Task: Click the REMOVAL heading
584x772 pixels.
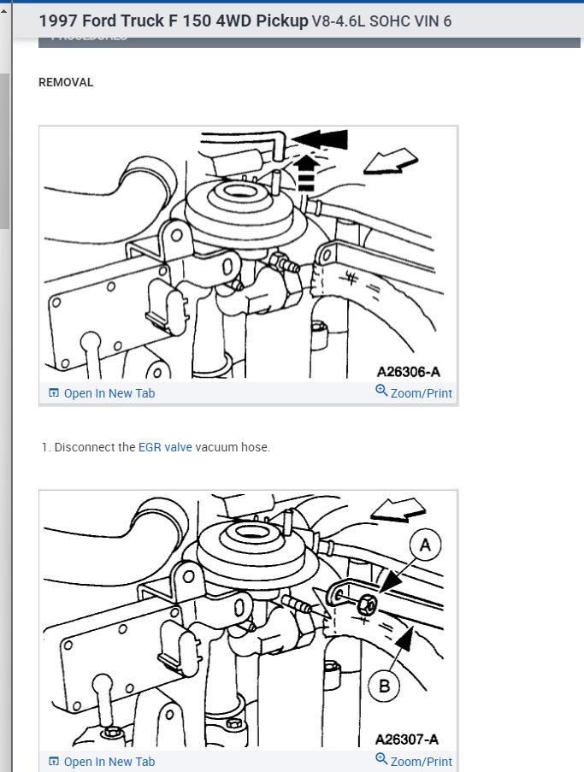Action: (66, 83)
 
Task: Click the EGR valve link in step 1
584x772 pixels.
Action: (165, 447)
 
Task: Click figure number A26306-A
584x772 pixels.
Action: (408, 373)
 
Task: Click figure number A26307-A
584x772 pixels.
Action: (408, 739)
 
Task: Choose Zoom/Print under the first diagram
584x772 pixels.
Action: (414, 393)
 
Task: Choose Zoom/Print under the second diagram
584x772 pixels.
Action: (414, 762)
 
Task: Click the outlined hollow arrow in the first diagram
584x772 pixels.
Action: (390, 161)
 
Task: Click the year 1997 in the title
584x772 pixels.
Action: (59, 21)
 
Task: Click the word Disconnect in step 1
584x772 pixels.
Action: (84, 447)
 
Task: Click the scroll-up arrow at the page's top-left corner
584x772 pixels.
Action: (4, 11)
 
